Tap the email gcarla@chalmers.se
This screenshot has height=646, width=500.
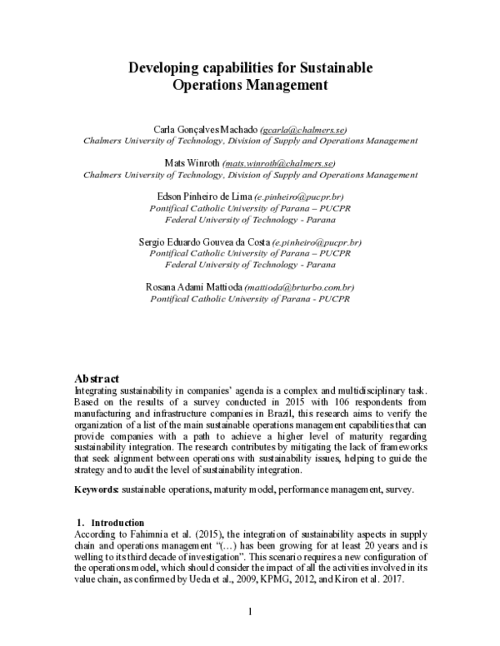tap(304, 131)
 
